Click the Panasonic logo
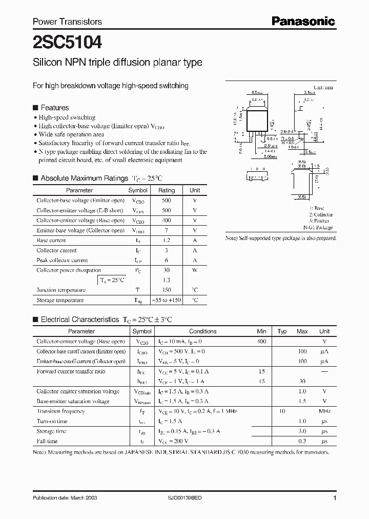[x=303, y=21]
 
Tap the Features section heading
[x=54, y=108]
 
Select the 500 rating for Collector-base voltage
[x=166, y=201]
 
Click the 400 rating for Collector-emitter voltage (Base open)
[x=166, y=221]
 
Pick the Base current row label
[x=51, y=241]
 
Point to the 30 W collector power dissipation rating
[x=166, y=270]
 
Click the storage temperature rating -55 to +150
[x=166, y=300]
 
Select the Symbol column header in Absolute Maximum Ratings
[x=137, y=190]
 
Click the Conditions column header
[x=203, y=331]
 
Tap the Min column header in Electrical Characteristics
[x=262, y=331]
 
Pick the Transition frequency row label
[x=60, y=411]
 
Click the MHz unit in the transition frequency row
[x=324, y=411]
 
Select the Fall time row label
[x=47, y=441]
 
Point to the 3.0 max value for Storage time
[x=302, y=431]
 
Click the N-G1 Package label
[x=318, y=227]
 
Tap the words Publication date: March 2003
[x=65, y=498]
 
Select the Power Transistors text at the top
[x=67, y=22]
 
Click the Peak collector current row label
[x=62, y=261]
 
